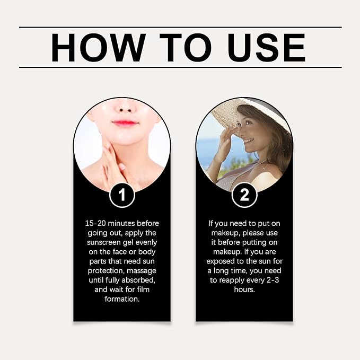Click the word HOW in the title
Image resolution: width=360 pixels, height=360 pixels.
click(99, 48)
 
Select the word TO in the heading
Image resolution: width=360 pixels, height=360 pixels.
click(186, 48)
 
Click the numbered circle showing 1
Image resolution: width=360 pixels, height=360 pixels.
click(122, 195)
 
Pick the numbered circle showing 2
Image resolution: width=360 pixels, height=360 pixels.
click(244, 195)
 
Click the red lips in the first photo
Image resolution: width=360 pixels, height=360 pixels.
click(125, 122)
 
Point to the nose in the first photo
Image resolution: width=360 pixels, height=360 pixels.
click(126, 108)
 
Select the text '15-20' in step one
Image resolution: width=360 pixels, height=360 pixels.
click(95, 223)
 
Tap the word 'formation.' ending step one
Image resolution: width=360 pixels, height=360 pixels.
click(122, 299)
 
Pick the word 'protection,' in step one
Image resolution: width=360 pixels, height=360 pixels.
click(106, 271)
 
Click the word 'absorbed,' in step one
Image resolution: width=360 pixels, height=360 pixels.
click(138, 280)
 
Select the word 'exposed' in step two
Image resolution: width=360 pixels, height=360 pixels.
click(221, 261)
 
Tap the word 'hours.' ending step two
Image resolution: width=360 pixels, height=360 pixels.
click(244, 289)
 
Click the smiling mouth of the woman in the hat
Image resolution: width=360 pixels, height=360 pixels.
click(248, 141)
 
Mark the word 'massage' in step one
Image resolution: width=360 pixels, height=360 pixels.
click(142, 271)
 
